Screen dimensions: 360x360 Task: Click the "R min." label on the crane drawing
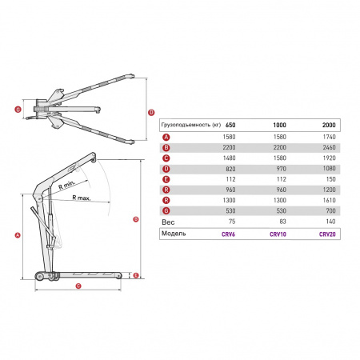click(67, 185)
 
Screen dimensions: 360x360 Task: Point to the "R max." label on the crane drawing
click(82, 198)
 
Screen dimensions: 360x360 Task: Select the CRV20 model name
click(327, 234)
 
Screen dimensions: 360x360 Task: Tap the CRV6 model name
click(228, 234)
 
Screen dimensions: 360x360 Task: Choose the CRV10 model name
click(278, 234)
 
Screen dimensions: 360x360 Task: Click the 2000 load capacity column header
click(329, 125)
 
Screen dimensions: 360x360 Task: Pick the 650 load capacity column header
click(230, 125)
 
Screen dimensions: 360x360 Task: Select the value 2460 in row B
click(329, 147)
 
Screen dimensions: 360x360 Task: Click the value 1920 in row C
click(329, 158)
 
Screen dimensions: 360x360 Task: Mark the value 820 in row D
click(230, 169)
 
